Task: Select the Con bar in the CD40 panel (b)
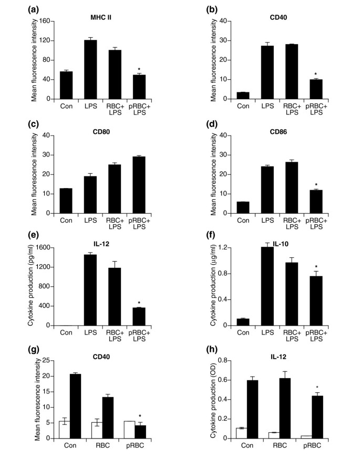(242, 96)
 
